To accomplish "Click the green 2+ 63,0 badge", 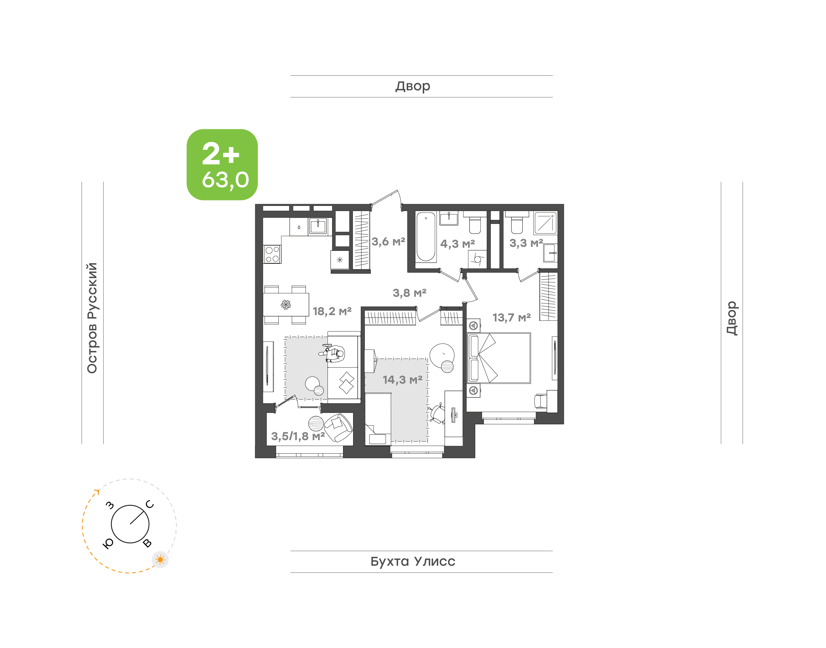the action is [222, 164].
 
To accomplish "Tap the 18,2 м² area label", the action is [332, 311].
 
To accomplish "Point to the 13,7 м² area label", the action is [511, 318].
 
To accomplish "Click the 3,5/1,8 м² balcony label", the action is [298, 436].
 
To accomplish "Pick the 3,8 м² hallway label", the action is [409, 293].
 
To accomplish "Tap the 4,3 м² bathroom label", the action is [457, 243].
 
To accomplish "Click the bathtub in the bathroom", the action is [426, 237].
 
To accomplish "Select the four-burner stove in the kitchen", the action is [272, 254].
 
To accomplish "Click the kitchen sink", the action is [318, 227].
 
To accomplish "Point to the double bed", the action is [499, 358].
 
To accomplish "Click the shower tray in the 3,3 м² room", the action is [545, 223].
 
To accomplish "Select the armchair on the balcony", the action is [338, 428].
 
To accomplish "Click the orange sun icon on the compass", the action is [160, 560].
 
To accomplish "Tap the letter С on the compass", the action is [150, 504].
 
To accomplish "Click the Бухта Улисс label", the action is [413, 561].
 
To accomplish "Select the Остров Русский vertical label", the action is [92, 318].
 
